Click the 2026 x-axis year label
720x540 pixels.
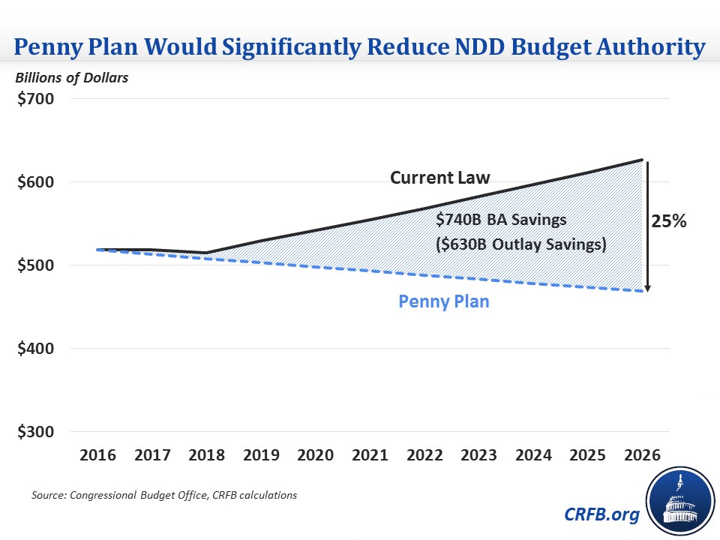[x=642, y=456]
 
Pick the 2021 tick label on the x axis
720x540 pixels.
[x=370, y=456]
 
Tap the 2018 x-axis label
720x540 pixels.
[x=208, y=456]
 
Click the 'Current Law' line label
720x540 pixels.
[x=439, y=178]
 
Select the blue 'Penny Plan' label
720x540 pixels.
[x=444, y=302]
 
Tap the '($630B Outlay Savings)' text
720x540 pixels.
[x=520, y=244]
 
